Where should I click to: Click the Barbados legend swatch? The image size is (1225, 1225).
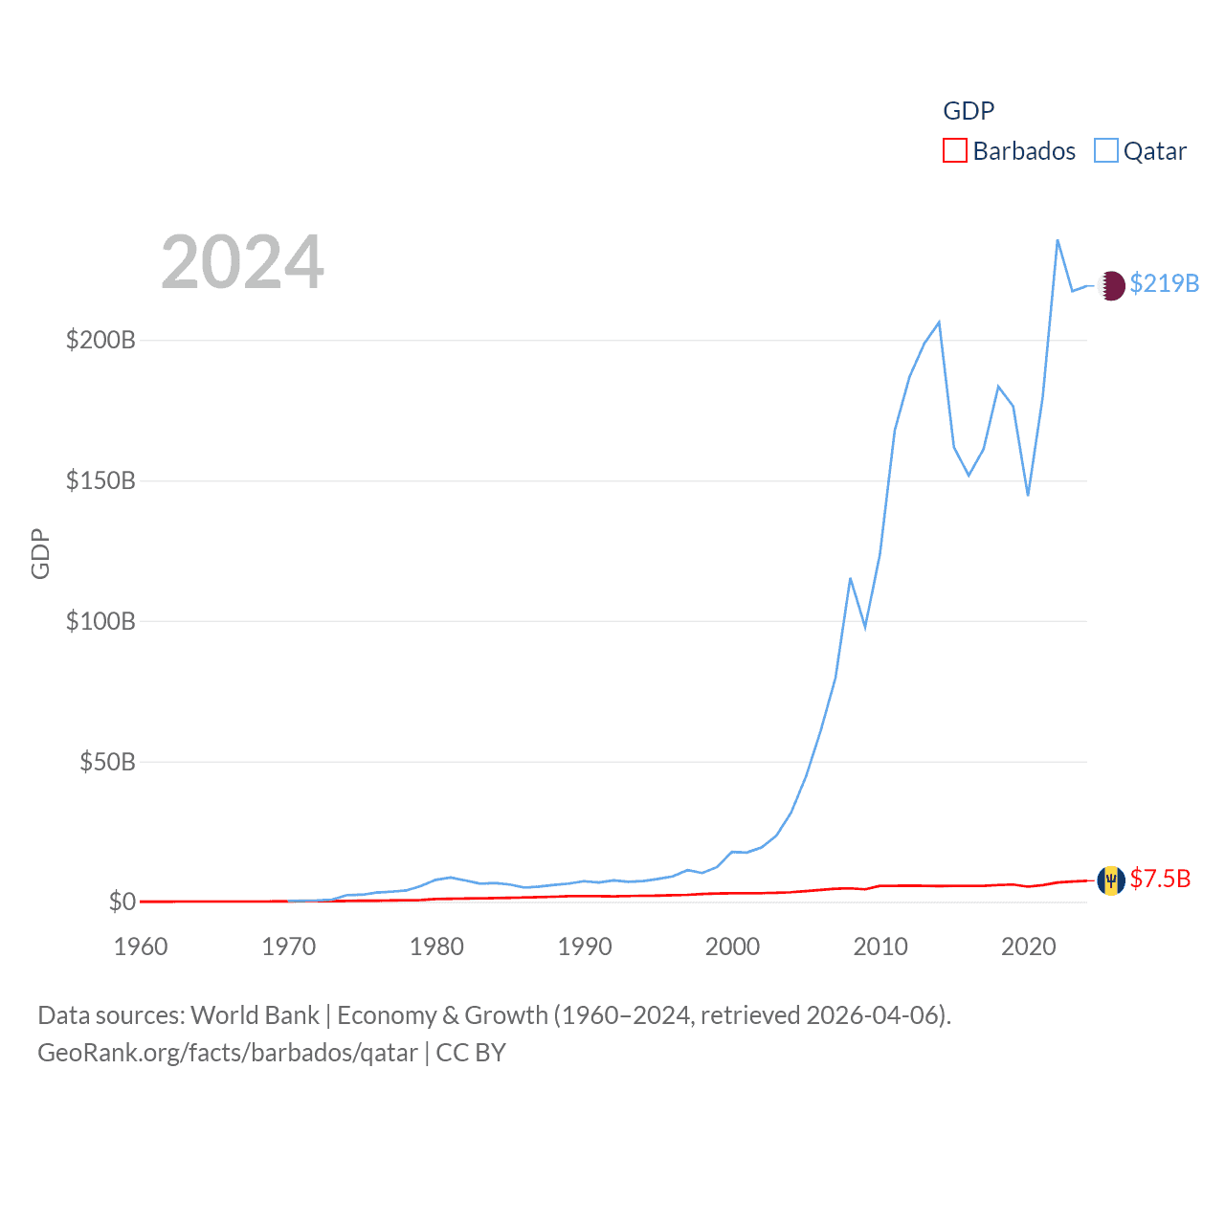tap(955, 151)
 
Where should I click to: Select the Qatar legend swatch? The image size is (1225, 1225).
tap(1106, 151)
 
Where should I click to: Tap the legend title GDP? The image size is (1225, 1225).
tap(969, 111)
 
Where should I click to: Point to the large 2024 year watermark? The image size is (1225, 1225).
tap(242, 262)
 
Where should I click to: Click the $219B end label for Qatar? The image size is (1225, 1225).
tap(1164, 284)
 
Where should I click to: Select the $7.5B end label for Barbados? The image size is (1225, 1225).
tap(1160, 880)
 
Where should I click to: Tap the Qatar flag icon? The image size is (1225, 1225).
tap(1111, 285)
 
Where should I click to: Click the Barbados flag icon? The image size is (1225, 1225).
tap(1111, 880)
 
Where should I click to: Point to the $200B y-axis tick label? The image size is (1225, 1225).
tap(100, 341)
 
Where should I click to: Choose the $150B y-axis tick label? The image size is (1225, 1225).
tap(100, 481)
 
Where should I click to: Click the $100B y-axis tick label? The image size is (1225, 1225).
tap(100, 622)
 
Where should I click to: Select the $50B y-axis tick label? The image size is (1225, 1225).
tap(107, 763)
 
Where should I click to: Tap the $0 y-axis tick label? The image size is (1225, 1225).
tap(122, 902)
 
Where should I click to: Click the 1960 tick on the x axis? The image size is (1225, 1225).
tap(141, 947)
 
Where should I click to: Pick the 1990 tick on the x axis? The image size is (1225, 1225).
tap(585, 947)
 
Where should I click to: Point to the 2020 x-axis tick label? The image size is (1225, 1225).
tap(1029, 947)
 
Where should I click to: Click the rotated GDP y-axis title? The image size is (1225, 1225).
tap(40, 553)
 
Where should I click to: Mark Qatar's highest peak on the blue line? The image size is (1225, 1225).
tap(1058, 240)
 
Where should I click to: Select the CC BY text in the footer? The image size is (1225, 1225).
tap(471, 1054)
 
